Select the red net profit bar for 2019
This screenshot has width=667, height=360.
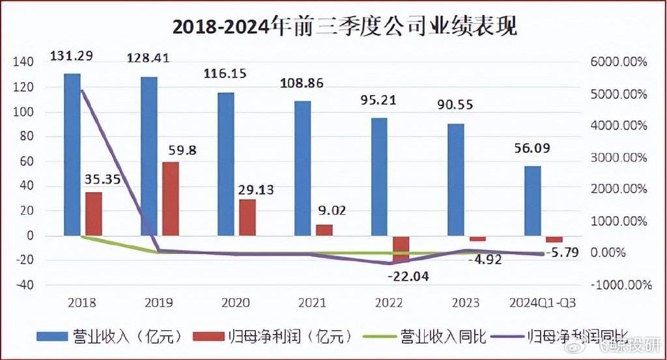pos(170,199)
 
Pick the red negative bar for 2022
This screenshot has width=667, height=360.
pos(401,249)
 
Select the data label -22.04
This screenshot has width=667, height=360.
pos(409,276)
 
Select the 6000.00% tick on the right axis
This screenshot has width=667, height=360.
pos(619,62)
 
